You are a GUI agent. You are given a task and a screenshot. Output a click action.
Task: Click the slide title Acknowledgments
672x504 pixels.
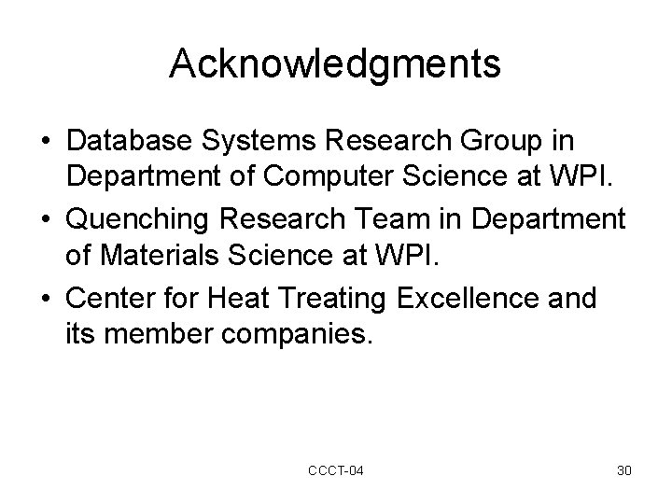point(335,63)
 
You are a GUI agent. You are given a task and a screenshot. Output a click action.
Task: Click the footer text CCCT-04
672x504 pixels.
point(336,470)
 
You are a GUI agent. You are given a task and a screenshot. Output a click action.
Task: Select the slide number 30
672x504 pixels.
point(624,470)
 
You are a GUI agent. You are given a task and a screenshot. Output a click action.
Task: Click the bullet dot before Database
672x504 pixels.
point(45,143)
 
